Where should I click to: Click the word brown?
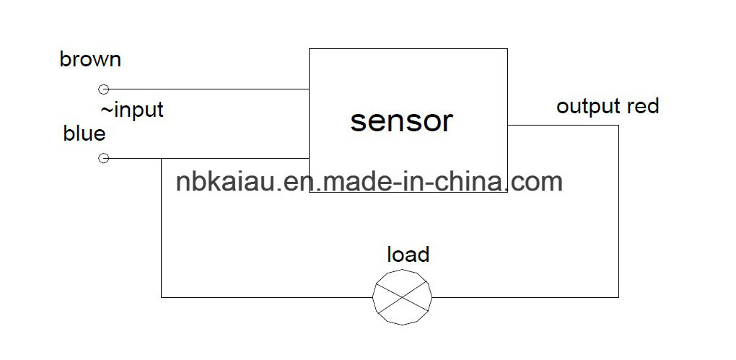tap(90, 60)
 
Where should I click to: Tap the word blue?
tap(84, 133)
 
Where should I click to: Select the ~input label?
tap(132, 110)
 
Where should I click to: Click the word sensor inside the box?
tap(401, 120)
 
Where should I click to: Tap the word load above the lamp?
tap(408, 255)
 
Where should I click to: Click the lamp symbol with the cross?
tap(402, 297)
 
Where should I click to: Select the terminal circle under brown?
tap(104, 89)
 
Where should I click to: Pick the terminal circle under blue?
tap(104, 158)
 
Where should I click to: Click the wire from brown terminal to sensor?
tap(209, 89)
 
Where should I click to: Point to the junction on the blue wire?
tap(162, 159)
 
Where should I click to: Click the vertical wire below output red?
tap(618, 211)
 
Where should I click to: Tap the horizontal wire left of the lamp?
tap(266, 297)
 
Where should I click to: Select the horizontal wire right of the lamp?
tap(525, 297)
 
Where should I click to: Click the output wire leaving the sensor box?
tap(564, 126)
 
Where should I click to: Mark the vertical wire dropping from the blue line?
tap(162, 228)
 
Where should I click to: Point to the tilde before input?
tap(107, 110)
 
